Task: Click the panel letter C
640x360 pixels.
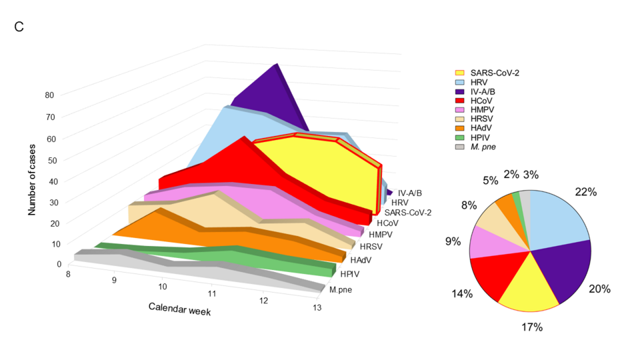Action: (19, 27)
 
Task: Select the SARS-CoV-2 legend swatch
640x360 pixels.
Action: (460, 73)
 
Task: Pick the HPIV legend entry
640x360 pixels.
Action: (481, 137)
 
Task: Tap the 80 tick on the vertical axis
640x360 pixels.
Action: (49, 95)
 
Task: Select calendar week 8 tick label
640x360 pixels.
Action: (67, 273)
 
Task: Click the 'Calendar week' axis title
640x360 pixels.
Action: (179, 308)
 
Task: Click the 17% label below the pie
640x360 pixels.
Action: (532, 327)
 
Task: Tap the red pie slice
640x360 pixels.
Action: (493, 273)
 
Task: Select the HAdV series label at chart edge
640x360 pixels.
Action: (361, 260)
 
